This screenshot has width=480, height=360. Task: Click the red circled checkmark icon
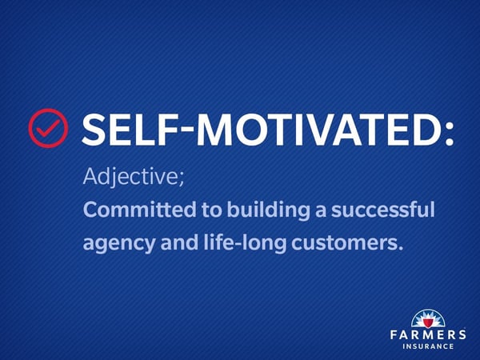click(48, 128)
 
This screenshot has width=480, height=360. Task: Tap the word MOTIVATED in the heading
click(318, 129)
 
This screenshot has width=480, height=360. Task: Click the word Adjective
click(130, 178)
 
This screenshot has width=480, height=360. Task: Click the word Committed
click(139, 210)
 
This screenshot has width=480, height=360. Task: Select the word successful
click(383, 210)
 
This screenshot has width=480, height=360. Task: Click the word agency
click(119, 244)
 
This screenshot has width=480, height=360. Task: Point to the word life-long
click(245, 243)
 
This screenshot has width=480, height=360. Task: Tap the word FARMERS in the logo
click(428, 334)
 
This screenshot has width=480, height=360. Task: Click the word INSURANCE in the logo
click(428, 346)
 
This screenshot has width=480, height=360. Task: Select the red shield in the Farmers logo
click(428, 322)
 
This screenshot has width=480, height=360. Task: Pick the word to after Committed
click(211, 210)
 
